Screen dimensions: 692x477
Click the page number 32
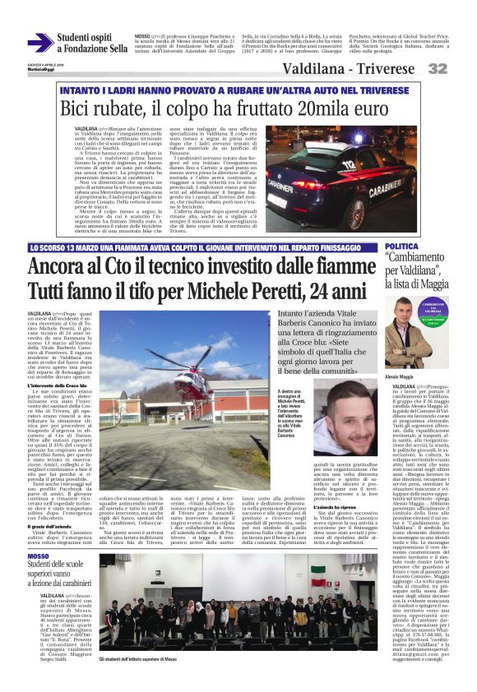(x=459, y=69)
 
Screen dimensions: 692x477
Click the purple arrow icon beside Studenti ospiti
(x=39, y=43)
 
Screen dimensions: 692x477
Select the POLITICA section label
(x=402, y=246)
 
